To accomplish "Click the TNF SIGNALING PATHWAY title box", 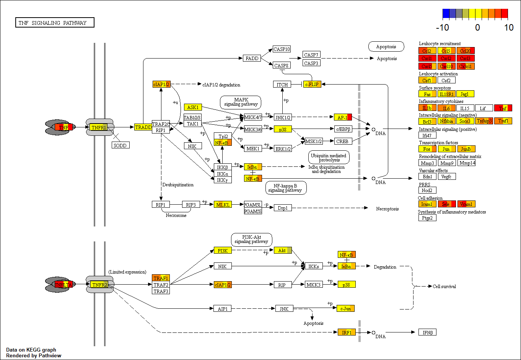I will tap(54, 23).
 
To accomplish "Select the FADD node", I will tap(252, 58).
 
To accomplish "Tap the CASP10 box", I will tap(282, 49).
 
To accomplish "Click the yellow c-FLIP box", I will tap(312, 84).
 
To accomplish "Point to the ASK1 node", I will tap(193, 107).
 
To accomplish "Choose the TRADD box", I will tap(143, 127).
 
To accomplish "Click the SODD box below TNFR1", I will tap(120, 145).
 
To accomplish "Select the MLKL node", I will tap(223, 205).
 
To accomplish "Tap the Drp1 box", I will tap(283, 208).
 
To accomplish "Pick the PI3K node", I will tap(223, 251).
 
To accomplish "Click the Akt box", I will tap(283, 250).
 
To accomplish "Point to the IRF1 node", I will tap(347, 332).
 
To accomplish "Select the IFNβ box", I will tap(427, 332).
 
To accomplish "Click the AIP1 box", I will tap(223, 308).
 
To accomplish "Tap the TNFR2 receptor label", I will tap(99, 285).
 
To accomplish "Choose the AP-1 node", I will tap(342, 117).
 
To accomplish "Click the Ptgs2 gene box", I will tap(427, 218).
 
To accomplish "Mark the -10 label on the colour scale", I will tap(442, 28).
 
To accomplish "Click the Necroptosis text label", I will tap(387, 209).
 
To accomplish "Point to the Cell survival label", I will tap(444, 286).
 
